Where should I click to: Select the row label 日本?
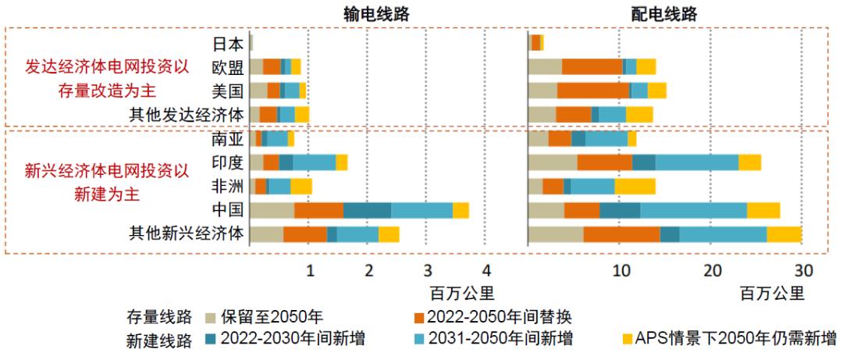227,44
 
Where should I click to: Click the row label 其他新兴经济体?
187,233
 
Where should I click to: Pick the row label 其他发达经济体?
187,115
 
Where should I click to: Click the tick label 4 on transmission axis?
486,271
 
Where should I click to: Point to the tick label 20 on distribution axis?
712,271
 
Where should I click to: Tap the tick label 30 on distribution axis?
803,271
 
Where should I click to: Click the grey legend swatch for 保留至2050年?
211,318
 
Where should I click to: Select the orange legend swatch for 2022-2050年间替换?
420,318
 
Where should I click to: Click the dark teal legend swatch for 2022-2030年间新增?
211,339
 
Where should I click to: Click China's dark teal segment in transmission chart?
367,210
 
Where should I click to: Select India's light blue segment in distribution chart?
696,162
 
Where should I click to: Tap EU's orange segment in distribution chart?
592,66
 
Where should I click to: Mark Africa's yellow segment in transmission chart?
301,186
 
